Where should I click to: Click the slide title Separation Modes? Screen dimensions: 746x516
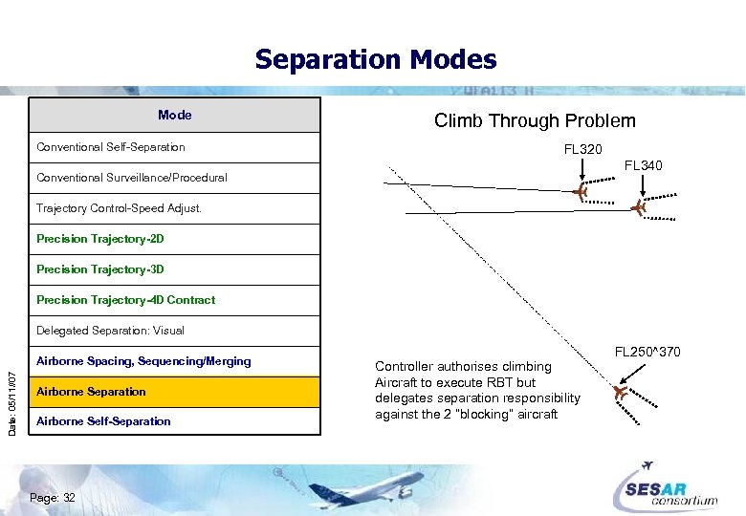pyautogui.click(x=375, y=60)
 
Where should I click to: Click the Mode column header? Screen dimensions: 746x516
pyautogui.click(x=175, y=116)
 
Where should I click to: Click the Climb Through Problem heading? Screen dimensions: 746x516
pyautogui.click(x=535, y=120)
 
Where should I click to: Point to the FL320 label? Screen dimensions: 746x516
pyautogui.click(x=582, y=150)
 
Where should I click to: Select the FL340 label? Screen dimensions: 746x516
pyautogui.click(x=644, y=166)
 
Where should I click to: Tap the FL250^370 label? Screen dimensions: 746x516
pyautogui.click(x=647, y=353)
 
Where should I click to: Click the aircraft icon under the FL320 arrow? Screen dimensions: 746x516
pyautogui.click(x=581, y=193)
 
